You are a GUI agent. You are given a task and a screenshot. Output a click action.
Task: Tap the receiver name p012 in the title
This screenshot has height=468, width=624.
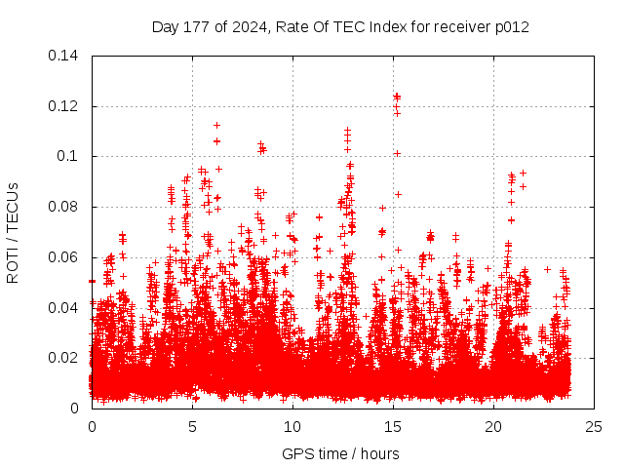511,26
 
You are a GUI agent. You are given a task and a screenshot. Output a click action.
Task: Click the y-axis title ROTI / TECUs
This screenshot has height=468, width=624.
13,232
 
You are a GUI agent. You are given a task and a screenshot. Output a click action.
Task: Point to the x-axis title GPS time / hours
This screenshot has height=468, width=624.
340,453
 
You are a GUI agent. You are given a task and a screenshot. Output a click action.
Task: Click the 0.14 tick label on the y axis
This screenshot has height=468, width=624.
66,55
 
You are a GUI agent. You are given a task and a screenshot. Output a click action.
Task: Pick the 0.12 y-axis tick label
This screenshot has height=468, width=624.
66,105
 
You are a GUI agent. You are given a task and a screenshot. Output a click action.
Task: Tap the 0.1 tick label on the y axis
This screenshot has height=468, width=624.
70,156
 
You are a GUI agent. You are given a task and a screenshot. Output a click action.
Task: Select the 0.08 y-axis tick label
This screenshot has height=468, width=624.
66,207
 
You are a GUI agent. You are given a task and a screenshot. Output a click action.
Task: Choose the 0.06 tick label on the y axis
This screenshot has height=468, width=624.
66,257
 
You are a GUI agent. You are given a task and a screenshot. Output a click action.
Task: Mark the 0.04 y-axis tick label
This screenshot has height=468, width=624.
66,308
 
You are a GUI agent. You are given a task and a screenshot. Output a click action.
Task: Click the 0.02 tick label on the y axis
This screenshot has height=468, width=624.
66,358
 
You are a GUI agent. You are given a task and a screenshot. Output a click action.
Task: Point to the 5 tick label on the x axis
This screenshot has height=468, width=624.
192,426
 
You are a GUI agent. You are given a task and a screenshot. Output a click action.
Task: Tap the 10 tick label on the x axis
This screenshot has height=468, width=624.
292,426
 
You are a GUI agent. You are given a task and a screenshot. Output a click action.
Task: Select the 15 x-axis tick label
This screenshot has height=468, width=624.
393,426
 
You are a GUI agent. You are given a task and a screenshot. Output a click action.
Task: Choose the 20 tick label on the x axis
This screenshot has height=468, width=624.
493,426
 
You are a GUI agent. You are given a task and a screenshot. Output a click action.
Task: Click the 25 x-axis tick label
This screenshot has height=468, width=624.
594,426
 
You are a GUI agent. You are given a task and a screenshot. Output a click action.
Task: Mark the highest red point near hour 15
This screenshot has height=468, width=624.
397,97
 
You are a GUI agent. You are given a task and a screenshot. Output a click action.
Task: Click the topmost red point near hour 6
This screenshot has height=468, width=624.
216,125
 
